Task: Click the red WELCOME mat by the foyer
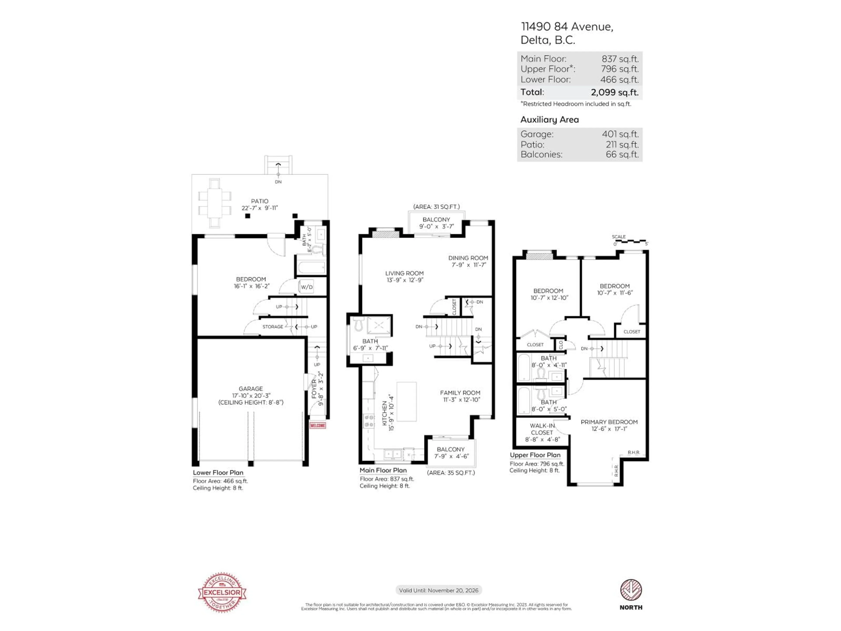[x=318, y=425]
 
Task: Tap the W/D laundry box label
[x=306, y=287]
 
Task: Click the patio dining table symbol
[x=214, y=203]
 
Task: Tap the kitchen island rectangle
[x=406, y=401]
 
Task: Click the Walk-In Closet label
[x=542, y=429]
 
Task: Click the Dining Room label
[x=468, y=258]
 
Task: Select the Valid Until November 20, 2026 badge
[x=438, y=590]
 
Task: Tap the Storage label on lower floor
[x=273, y=327]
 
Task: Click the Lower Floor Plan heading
[x=218, y=472]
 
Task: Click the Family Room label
[x=460, y=393]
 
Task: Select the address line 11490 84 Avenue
[x=567, y=27]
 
